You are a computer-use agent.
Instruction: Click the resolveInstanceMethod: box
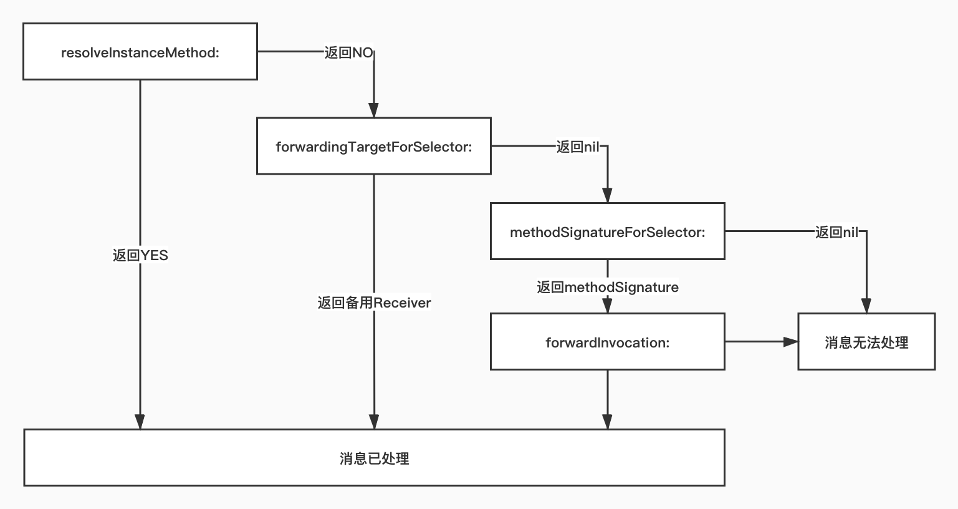point(140,52)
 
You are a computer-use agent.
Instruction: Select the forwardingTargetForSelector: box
point(373,146)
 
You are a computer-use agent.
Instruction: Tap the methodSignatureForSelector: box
point(607,231)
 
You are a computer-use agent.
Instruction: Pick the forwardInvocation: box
point(607,342)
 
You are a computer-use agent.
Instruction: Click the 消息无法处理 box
point(866,342)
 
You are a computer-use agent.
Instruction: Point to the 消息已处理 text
point(374,458)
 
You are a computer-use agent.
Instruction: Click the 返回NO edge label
point(348,52)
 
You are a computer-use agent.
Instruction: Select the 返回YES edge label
point(140,255)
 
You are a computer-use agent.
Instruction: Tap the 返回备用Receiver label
point(374,303)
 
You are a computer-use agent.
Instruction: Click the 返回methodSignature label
point(608,287)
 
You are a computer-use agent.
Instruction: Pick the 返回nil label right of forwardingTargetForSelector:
point(578,147)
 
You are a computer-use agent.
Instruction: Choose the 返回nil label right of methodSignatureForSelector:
point(837,232)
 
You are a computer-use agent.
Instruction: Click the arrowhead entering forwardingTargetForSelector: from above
point(373,110)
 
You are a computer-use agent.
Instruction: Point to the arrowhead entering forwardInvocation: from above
point(607,306)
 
